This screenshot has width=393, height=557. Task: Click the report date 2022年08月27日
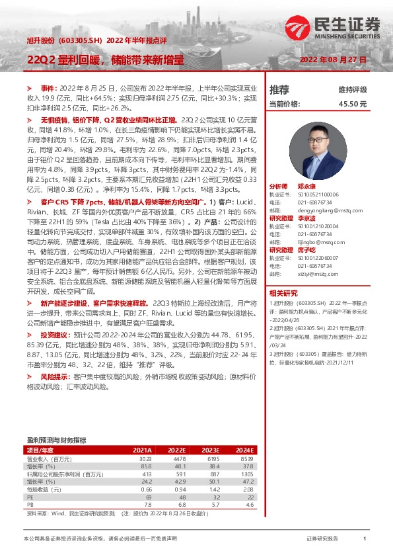click(x=333, y=60)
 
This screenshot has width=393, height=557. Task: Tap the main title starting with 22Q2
click(x=106, y=60)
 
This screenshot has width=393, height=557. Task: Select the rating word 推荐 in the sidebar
click(x=279, y=89)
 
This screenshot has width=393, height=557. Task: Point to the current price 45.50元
click(x=353, y=104)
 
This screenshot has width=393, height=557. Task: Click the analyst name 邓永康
click(x=306, y=187)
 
